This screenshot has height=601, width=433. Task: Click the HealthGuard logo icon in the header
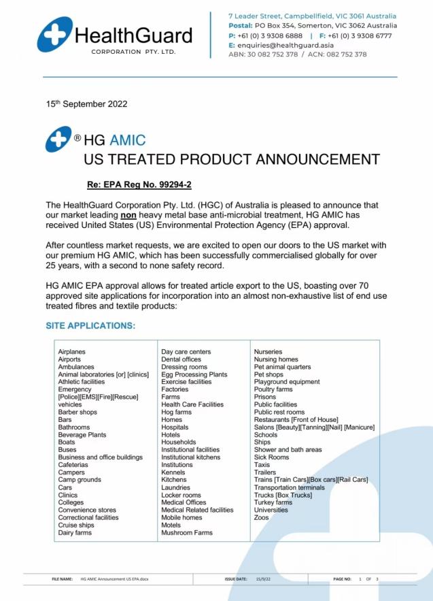[x=55, y=35]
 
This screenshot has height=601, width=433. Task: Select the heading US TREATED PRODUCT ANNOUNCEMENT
[x=231, y=160]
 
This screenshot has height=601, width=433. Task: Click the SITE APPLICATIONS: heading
[x=90, y=326]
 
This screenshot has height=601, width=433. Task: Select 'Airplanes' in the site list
[x=72, y=352]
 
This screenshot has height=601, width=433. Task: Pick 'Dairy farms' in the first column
[x=75, y=533]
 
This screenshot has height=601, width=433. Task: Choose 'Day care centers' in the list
[x=186, y=352]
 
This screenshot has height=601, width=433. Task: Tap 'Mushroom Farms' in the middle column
[x=187, y=533]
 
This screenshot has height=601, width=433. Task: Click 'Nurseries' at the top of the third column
[x=268, y=352]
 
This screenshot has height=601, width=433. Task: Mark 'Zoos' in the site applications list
[x=262, y=518]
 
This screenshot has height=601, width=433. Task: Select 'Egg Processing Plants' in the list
[x=194, y=374]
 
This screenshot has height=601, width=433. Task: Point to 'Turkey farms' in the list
[x=273, y=502]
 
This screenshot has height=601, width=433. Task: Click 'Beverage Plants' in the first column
[x=82, y=435]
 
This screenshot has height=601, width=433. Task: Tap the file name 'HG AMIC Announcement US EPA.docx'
[x=114, y=579]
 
